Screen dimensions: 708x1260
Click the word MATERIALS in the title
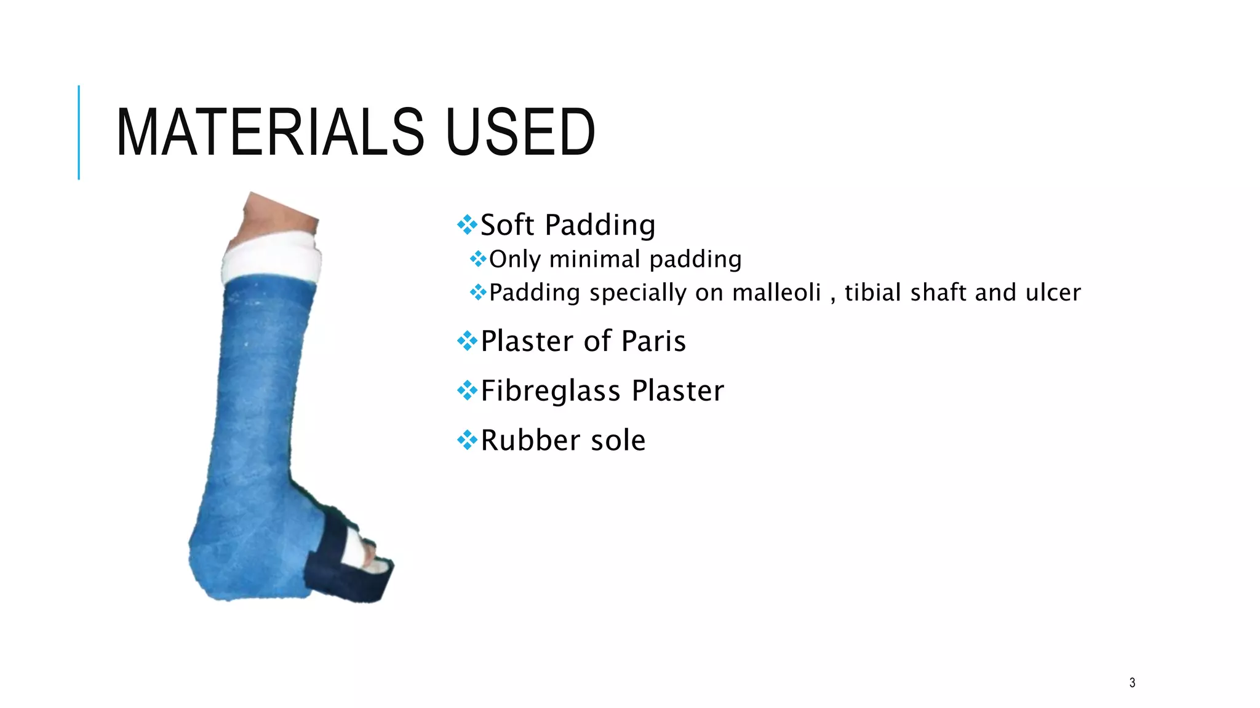click(269, 132)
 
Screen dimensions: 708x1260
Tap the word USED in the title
click(520, 132)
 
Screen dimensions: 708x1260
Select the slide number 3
click(1132, 683)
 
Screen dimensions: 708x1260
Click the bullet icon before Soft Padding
click(467, 225)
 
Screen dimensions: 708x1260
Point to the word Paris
click(653, 341)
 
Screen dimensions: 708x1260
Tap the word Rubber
click(530, 440)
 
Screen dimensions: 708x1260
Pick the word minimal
click(595, 259)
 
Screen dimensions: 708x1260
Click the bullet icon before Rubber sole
click(467, 440)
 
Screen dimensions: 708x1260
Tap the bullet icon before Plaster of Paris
click(467, 341)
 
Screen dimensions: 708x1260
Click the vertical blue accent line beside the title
click(79, 132)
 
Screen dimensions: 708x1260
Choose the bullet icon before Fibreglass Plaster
click(467, 391)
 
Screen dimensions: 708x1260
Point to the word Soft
click(507, 225)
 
